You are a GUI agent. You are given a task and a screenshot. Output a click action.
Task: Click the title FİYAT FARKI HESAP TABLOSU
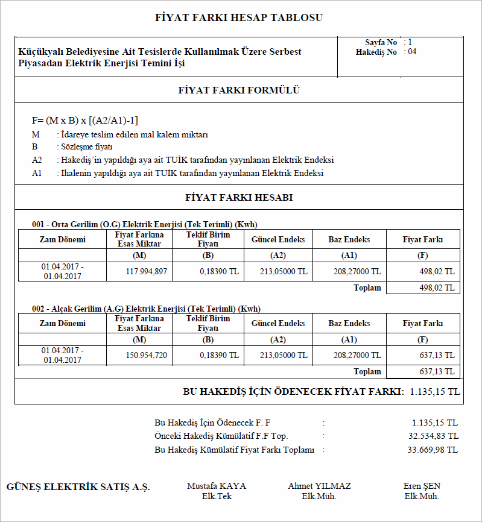[x=239, y=17]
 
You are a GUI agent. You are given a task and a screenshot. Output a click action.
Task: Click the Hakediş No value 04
[x=412, y=52]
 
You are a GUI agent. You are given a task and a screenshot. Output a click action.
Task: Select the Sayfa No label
[x=381, y=43]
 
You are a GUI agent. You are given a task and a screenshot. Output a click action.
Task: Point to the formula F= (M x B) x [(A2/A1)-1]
[x=89, y=121]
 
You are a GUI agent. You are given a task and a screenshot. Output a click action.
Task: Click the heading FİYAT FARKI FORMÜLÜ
[x=239, y=91]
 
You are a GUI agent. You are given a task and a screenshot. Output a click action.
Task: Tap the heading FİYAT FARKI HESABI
[x=239, y=197]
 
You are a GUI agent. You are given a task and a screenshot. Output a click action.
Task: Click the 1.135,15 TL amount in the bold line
[x=434, y=392]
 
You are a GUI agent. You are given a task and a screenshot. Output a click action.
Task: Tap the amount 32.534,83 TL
[x=433, y=436]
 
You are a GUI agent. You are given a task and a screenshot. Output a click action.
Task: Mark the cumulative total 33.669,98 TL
[x=433, y=450]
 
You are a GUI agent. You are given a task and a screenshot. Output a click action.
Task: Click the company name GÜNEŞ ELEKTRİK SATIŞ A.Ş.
[x=78, y=487]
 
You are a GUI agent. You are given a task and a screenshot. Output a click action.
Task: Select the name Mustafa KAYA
[x=217, y=486]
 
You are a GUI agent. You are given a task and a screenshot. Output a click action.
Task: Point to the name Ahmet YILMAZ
[x=319, y=486]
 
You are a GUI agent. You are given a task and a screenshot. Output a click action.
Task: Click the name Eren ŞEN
[x=422, y=486]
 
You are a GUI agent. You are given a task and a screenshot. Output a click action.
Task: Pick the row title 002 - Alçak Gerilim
[x=146, y=309]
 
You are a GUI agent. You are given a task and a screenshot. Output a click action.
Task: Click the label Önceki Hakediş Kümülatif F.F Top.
[x=221, y=436]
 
